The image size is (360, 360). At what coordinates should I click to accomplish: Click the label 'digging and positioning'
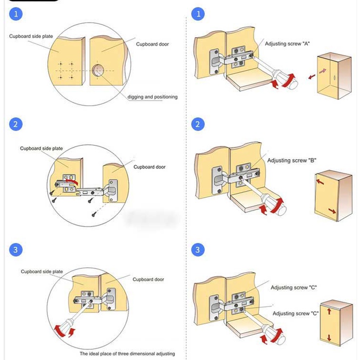tap(152, 97)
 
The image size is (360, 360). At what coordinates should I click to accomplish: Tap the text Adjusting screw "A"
tap(287, 44)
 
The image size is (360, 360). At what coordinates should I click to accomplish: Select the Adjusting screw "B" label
tap(290, 160)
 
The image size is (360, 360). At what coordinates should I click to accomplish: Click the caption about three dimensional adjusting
tap(127, 354)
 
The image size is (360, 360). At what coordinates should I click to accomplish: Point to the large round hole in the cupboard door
tap(97, 71)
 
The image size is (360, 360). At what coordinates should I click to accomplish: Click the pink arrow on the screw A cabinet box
tap(322, 71)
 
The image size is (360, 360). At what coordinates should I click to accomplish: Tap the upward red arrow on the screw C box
tap(329, 311)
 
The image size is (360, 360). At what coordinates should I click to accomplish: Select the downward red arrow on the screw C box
tap(329, 337)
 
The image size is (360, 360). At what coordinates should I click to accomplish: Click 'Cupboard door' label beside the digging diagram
tap(152, 44)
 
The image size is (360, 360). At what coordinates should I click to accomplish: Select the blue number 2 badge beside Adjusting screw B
tap(197, 124)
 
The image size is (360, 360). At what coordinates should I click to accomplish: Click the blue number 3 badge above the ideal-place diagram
tap(16, 250)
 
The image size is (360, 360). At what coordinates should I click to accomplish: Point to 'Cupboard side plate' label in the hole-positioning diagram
tap(31, 37)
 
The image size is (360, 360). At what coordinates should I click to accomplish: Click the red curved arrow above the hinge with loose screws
tap(71, 182)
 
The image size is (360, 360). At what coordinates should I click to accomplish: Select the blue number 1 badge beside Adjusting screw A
tap(197, 14)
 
